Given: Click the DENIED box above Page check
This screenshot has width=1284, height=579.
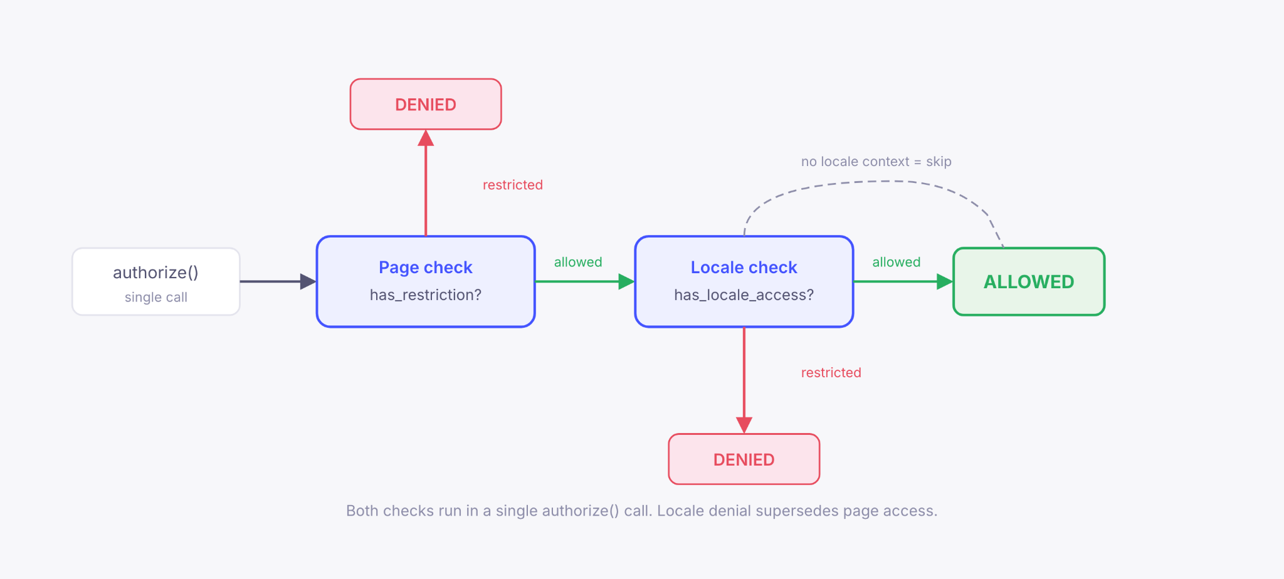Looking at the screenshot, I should coord(426,104).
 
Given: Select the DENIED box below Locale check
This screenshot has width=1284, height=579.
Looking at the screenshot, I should coord(744,459).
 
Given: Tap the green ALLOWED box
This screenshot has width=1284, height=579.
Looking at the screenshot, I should coord(1028,281).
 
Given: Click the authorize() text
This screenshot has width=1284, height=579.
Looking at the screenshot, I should coord(155,273).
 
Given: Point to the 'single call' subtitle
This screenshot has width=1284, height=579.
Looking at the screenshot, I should coord(155,297).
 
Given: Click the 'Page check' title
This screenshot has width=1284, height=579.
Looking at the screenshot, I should coord(425,268).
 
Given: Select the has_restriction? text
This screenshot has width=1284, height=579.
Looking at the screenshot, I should coord(425,295).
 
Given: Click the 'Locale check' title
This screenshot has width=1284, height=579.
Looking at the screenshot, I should coord(744,268).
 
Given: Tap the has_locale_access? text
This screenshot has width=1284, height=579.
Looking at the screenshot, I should coord(744,295).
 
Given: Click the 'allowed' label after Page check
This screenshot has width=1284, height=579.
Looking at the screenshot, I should coord(577,262).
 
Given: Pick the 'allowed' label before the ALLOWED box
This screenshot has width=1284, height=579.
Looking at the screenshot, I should coord(896,262).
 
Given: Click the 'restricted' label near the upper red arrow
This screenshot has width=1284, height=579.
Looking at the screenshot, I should coord(512,185).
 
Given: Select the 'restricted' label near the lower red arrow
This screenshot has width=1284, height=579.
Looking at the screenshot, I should coord(831,373).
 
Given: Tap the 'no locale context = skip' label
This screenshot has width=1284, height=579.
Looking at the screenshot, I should coord(876,162).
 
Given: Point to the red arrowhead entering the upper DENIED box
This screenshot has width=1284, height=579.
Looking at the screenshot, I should coord(426,138).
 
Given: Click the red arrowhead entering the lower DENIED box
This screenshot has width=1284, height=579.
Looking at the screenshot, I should coord(744,425).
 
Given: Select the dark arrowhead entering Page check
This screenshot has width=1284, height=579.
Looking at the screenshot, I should coord(308,281).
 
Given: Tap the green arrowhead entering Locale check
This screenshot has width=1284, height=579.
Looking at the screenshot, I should coord(626,281).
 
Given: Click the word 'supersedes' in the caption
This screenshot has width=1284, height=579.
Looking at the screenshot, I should coord(796,511).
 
